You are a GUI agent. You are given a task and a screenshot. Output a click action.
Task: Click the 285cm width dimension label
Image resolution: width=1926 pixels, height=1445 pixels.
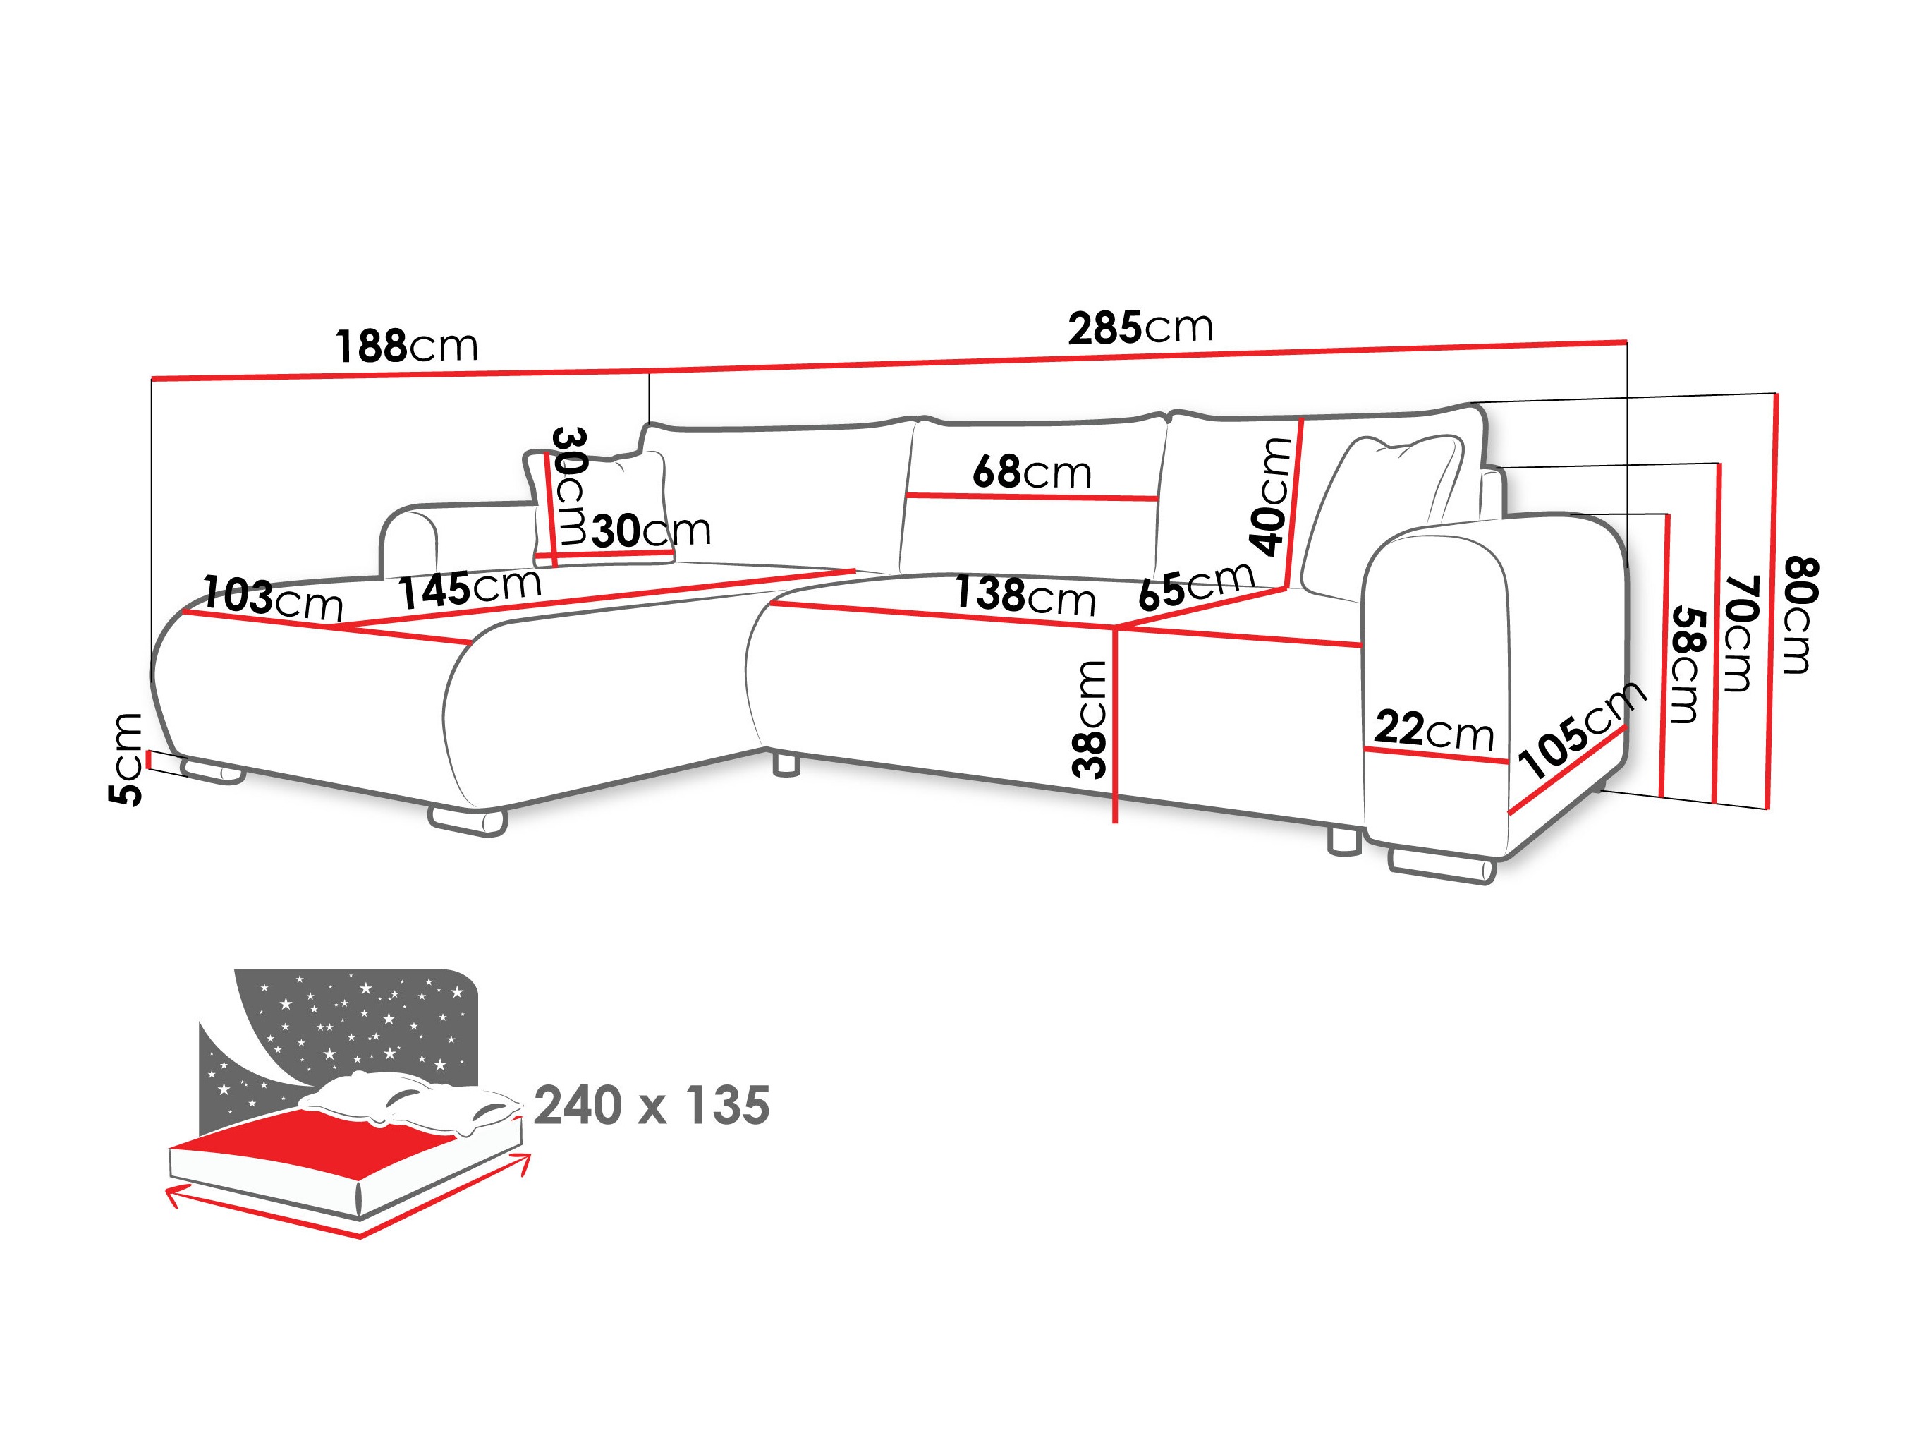click(x=1140, y=327)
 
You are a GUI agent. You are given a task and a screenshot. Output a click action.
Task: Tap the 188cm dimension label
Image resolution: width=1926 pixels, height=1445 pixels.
click(x=407, y=346)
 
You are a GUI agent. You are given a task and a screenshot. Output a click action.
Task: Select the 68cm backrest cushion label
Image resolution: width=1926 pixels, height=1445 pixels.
click(x=1032, y=472)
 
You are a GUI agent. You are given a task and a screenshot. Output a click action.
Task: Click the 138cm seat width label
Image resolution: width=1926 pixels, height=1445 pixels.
click(x=1025, y=595)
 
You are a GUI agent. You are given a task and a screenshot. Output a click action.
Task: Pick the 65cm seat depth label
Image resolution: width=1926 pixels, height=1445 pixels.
click(x=1196, y=586)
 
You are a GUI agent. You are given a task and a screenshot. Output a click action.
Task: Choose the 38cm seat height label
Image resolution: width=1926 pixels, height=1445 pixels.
click(x=1090, y=718)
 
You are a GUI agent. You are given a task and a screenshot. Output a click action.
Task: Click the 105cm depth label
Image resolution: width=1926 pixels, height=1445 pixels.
click(x=1581, y=730)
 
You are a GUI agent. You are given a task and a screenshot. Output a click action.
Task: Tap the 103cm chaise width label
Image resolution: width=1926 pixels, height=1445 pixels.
click(x=272, y=598)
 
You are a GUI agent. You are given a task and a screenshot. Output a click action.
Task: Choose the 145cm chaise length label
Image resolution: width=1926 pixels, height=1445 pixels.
click(x=470, y=588)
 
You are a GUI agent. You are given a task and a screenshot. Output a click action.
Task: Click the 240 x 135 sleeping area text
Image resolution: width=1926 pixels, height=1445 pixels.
click(x=652, y=1106)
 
